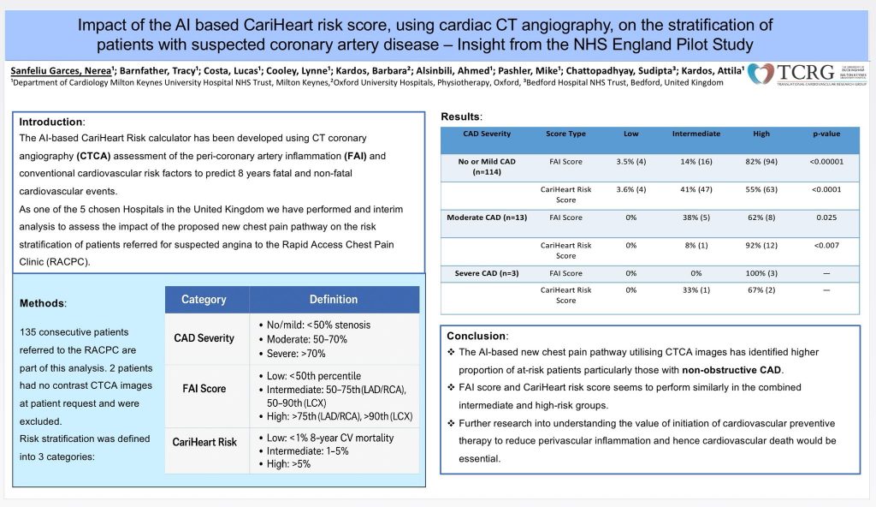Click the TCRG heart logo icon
click(761, 75)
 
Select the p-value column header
click(826, 134)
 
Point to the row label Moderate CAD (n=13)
click(487, 218)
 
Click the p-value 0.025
click(826, 218)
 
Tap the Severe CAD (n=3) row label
click(487, 273)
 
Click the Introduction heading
click(52, 122)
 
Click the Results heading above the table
click(462, 116)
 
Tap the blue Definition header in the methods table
click(334, 300)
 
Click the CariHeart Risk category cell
click(204, 442)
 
